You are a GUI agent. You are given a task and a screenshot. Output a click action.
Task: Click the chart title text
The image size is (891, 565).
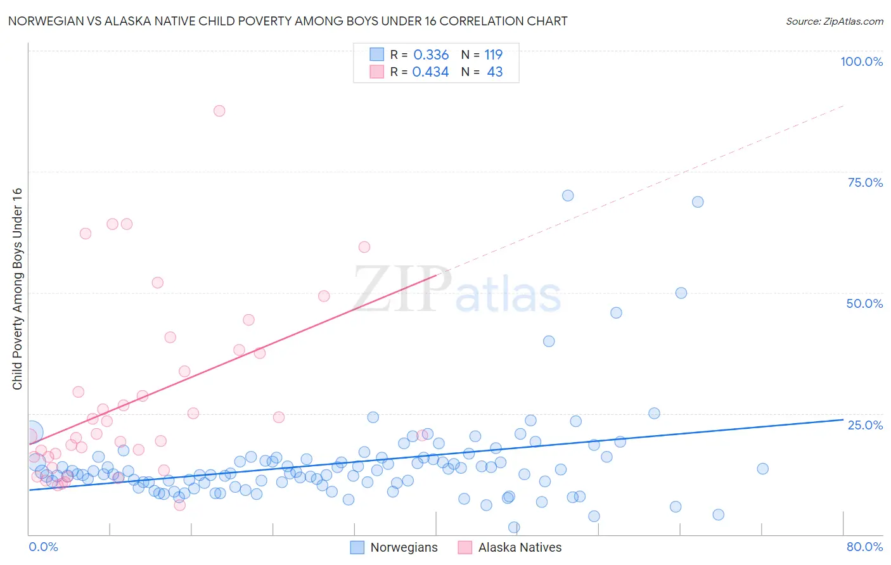point(288,21)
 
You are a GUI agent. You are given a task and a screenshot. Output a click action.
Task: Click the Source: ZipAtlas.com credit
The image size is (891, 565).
point(834,21)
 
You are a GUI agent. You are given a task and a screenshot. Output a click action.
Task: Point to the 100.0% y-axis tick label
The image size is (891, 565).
point(861,61)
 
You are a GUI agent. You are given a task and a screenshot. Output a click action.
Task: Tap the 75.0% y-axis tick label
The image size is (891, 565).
point(865,182)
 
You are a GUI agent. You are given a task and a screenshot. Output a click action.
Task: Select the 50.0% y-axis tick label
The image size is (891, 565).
point(864,303)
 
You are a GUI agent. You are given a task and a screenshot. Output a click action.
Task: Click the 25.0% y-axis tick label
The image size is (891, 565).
point(865,425)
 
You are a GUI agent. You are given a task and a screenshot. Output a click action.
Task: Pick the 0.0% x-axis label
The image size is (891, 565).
point(43,547)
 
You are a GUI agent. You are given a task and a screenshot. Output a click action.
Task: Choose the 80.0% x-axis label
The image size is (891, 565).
point(864,547)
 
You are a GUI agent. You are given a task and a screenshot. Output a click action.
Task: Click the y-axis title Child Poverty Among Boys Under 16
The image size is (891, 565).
point(17,289)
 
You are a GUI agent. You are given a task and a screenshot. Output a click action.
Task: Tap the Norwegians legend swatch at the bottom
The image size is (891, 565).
point(357,547)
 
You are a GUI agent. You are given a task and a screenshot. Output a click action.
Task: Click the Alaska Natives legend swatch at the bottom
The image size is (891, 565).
point(465,547)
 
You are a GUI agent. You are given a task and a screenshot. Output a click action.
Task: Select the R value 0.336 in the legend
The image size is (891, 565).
point(431,54)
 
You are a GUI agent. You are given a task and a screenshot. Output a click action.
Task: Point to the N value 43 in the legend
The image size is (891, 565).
point(494,72)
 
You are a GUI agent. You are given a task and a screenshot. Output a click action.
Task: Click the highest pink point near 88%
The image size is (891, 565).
point(219,111)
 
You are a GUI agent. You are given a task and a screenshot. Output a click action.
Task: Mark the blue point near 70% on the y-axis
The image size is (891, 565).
point(568,196)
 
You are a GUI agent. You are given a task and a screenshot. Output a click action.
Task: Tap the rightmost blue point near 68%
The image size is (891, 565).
point(698,202)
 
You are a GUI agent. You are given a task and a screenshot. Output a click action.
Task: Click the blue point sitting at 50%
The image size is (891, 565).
point(681,293)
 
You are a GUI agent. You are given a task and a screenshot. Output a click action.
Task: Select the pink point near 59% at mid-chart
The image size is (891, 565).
point(364,247)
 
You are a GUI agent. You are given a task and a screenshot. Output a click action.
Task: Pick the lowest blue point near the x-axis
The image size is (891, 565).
point(514,527)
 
